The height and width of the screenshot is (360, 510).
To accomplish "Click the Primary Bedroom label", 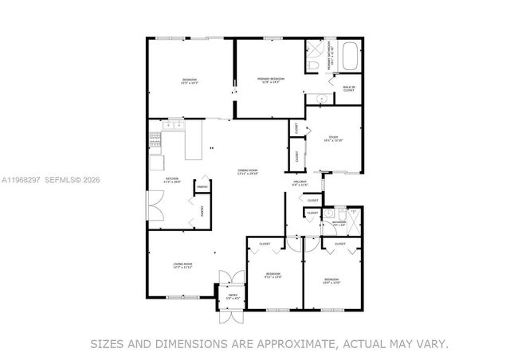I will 270,80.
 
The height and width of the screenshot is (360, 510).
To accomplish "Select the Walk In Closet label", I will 348,89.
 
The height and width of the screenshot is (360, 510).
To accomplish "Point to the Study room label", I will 333,139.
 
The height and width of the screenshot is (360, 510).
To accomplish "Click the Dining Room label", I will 248,171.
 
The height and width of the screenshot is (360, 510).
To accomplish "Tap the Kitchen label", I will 171,180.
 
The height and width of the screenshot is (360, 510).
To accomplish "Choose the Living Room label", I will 183,266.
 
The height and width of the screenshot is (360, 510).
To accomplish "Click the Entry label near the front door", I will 233,296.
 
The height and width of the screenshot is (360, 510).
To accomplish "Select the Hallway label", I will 300,184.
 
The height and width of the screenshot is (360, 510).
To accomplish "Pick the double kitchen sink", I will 173,125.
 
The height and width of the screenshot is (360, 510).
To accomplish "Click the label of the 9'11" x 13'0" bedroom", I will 273,276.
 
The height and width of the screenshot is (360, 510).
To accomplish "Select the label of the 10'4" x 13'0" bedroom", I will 331,280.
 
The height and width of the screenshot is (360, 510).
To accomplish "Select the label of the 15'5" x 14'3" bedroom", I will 190,80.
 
